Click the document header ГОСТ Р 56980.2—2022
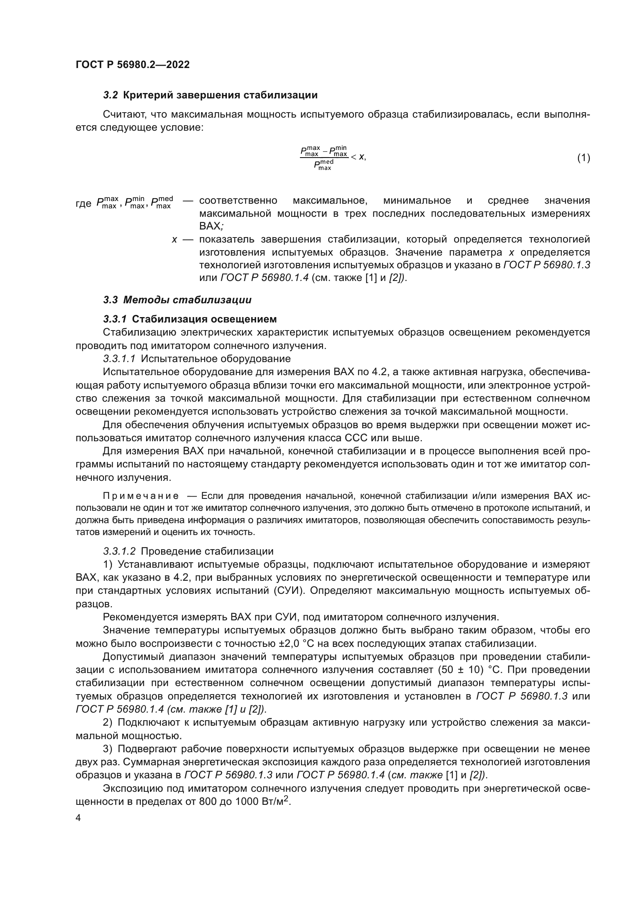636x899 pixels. click(132, 65)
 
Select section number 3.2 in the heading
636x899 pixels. click(110, 95)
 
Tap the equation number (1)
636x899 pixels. click(584, 158)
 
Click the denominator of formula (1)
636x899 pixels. click(323, 165)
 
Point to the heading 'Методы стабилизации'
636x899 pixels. click(187, 300)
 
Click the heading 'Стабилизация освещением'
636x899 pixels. click(204, 319)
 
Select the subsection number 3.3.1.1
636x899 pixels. click(119, 359)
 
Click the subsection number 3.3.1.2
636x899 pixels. click(119, 551)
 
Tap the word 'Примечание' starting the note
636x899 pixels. click(141, 496)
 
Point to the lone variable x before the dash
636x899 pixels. click(174, 239)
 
